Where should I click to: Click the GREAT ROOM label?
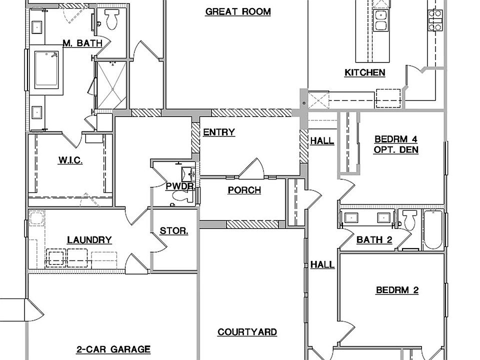tap(238, 11)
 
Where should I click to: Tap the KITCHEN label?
tap(365, 72)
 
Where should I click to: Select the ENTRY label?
tap(219, 132)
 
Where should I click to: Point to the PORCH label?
tap(244, 190)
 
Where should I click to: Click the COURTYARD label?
tap(247, 332)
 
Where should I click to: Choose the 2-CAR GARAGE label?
tap(113, 349)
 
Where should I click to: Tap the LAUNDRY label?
tap(89, 239)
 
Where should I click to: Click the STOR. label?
tap(174, 231)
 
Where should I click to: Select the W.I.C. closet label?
tap(70, 160)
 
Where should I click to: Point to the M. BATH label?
tap(82, 43)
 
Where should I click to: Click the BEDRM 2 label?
tap(397, 290)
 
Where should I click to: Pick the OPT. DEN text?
tap(396, 149)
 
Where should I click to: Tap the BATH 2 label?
tap(374, 239)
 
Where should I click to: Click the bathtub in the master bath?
tap(46, 70)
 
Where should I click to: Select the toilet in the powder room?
tap(182, 196)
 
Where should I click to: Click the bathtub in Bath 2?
tap(433, 230)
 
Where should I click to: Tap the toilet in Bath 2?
tap(409, 219)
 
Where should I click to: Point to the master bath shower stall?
tap(111, 85)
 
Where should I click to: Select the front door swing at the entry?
tap(251, 168)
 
